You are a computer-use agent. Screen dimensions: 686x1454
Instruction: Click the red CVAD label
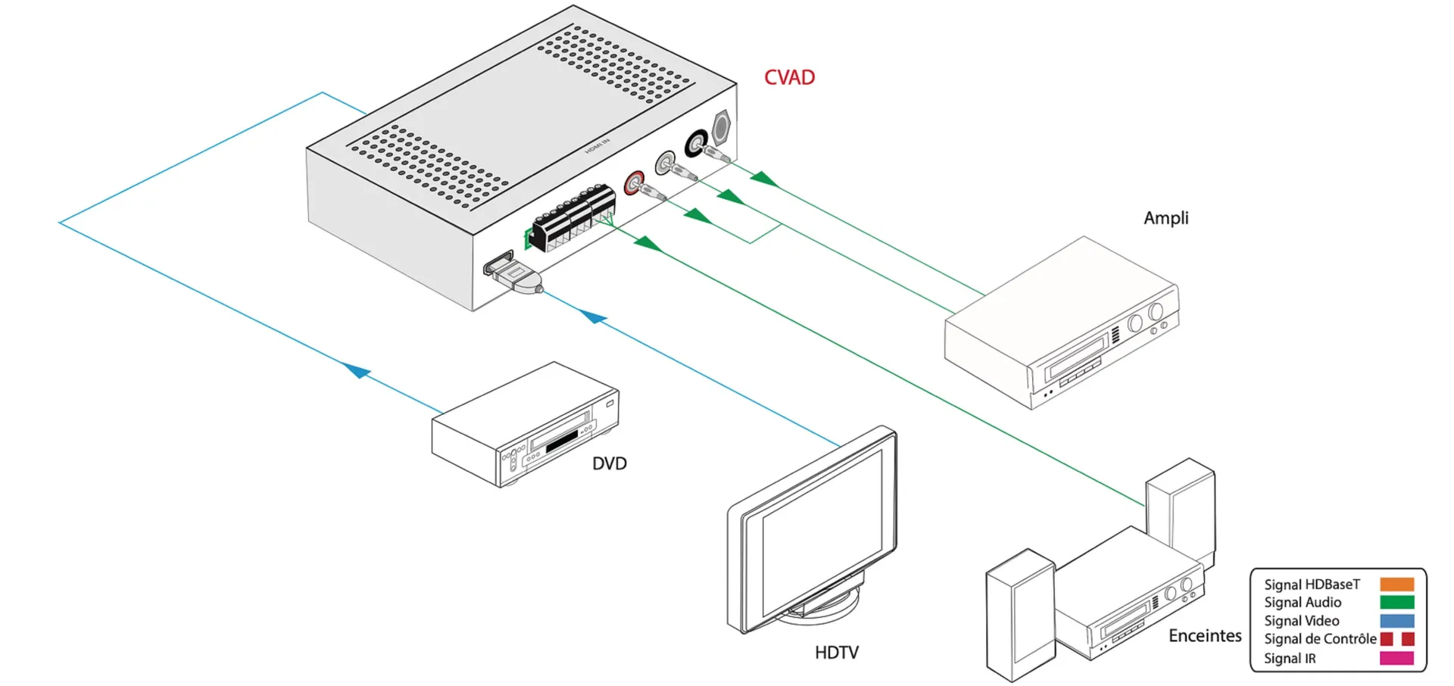click(x=789, y=77)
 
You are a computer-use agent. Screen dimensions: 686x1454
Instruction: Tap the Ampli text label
click(x=1165, y=218)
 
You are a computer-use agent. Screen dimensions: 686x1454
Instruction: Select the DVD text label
click(x=609, y=463)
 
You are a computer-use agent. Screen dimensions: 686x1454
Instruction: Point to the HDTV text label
click(x=836, y=653)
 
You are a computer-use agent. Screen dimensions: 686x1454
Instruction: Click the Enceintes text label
click(x=1204, y=636)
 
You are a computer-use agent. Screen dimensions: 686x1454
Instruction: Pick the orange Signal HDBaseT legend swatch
click(x=1396, y=585)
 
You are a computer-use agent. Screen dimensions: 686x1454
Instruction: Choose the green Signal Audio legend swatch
click(x=1396, y=603)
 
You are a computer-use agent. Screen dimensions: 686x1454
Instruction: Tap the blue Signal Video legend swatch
click(x=1396, y=621)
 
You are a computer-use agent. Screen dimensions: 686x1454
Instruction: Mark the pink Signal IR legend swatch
click(x=1396, y=658)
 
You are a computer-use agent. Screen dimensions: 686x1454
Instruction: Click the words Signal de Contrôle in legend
click(x=1319, y=639)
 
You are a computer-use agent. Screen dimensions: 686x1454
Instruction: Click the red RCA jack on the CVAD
click(x=634, y=182)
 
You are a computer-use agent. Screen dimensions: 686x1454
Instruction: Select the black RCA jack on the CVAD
click(x=695, y=142)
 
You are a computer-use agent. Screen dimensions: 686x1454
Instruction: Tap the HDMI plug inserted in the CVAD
click(x=516, y=274)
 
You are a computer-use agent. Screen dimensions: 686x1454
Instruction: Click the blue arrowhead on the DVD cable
click(x=357, y=370)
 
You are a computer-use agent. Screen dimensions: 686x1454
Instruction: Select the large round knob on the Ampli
click(x=1156, y=311)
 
